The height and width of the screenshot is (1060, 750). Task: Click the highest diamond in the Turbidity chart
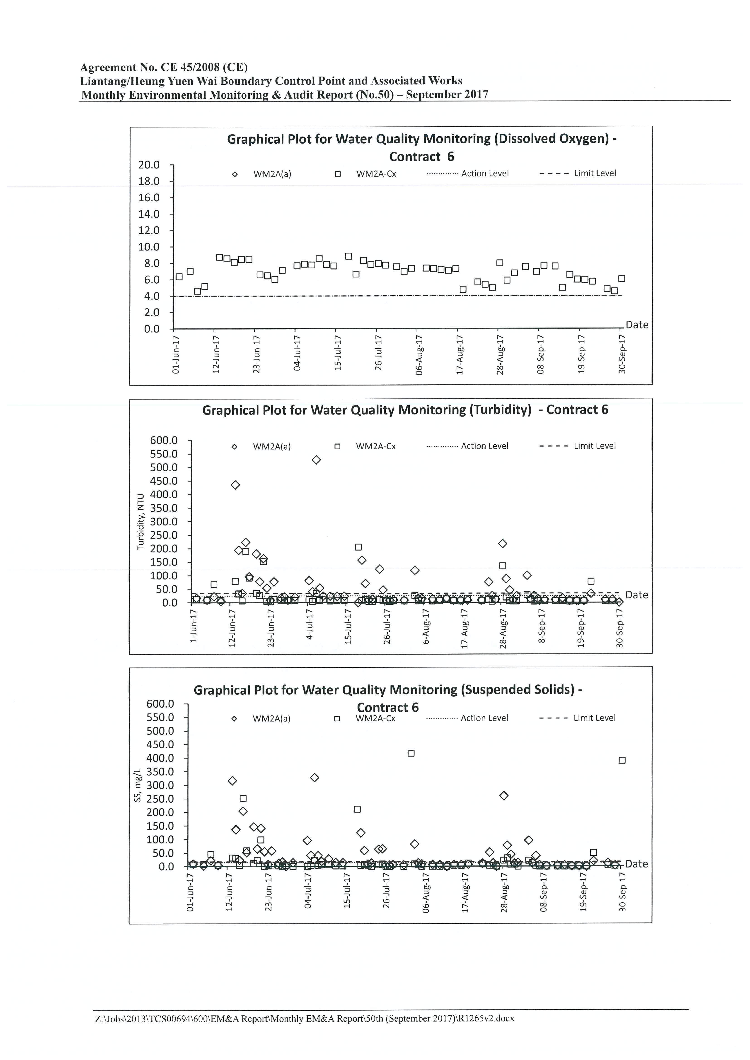[316, 460]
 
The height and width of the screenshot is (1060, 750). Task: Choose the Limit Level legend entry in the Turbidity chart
[577, 446]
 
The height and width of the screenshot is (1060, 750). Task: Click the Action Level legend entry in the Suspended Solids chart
[467, 718]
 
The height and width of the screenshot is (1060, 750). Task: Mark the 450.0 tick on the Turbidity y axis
[164, 481]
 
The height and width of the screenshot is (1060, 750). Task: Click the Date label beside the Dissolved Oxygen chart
[637, 325]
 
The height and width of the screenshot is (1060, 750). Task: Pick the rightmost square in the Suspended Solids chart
[622, 760]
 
